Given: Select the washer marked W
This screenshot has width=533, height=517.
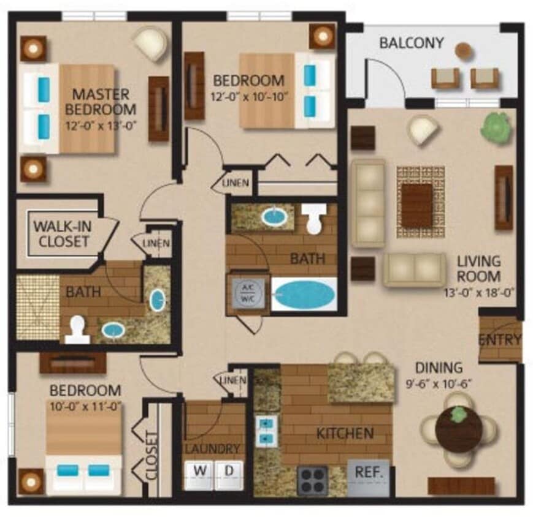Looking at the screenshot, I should (200, 472).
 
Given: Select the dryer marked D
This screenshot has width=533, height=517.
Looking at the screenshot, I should (228, 472).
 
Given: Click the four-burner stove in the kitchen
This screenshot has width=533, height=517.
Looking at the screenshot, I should (312, 480).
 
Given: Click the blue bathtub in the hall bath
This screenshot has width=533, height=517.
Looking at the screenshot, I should (304, 295).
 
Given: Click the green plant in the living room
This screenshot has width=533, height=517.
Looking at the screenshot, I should (496, 127).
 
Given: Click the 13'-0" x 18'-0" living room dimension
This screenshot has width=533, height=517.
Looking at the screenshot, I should (478, 293).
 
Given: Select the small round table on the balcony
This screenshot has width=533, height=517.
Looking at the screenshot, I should (464, 50).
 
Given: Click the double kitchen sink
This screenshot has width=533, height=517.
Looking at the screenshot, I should (265, 430).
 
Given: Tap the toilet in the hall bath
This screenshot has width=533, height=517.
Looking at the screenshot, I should (315, 220).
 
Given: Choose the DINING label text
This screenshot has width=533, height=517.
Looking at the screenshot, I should (439, 368).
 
